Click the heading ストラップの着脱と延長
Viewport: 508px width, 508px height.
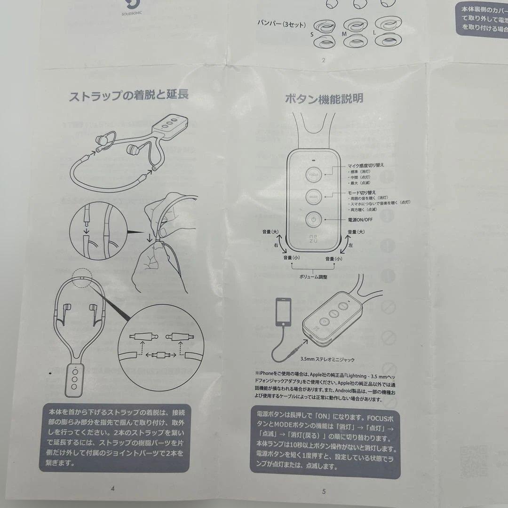coord(129,95)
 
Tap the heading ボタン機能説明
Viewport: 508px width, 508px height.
coord(324,99)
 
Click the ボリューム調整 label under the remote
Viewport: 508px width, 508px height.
coord(313,277)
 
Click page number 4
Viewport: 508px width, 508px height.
coord(112,488)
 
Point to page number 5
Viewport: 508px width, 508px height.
coord(324,492)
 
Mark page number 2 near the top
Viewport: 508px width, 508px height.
coord(323,60)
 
